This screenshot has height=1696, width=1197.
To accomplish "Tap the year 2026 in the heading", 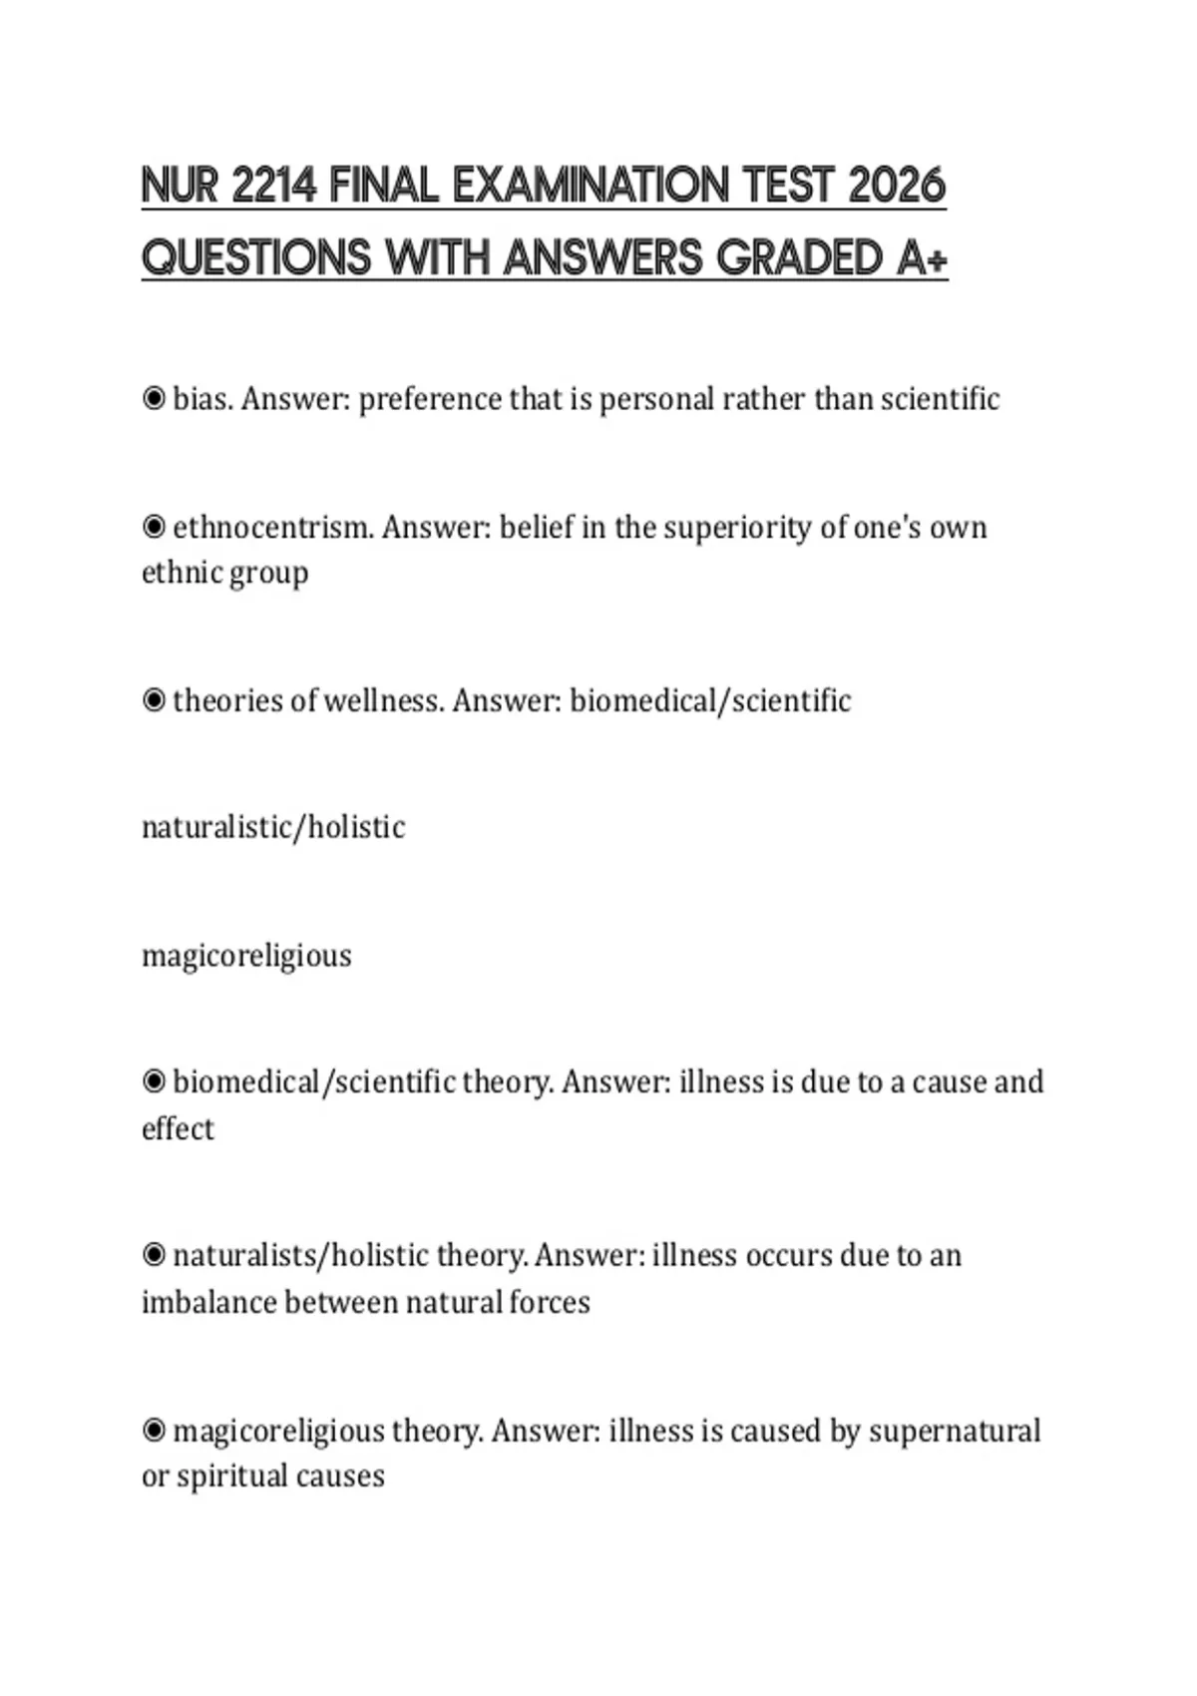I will tap(896, 187).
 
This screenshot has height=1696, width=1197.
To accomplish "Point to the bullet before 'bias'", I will tap(154, 399).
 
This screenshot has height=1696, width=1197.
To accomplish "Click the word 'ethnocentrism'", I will tap(272, 527).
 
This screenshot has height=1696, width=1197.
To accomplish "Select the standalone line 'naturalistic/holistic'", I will tap(273, 827).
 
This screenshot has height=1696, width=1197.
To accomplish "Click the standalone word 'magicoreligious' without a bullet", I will tap(246, 956).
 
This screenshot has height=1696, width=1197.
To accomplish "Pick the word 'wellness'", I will tap(383, 700).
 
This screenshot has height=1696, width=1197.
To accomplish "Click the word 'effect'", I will tap(178, 1128).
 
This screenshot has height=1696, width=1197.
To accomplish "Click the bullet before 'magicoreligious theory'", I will tap(154, 1431).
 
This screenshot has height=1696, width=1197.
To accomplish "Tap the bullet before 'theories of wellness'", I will tap(154, 700).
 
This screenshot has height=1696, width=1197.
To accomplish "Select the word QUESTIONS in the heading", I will tap(258, 258).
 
